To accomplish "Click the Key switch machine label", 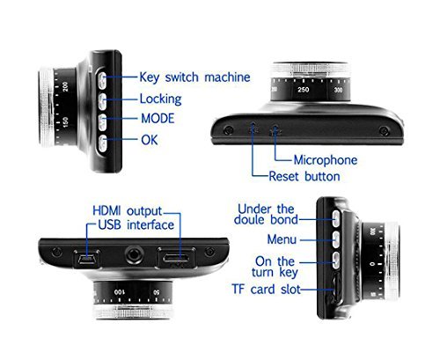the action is tap(194, 77).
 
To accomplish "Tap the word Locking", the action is tap(160, 99).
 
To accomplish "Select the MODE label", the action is tap(158, 119).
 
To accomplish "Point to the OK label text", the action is tap(150, 140).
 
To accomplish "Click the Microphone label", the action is tap(326, 160).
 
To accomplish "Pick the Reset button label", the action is tap(304, 176).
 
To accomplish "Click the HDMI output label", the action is tap(127, 211).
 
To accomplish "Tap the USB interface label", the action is tap(136, 225).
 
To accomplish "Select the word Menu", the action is tap(282, 239).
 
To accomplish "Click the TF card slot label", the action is tap(266, 290).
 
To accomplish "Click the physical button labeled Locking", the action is tap(102, 101).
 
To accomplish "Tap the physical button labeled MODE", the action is tap(102, 122).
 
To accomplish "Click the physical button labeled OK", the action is tap(102, 143).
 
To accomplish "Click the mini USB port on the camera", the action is tap(86, 258).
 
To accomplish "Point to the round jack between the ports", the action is tap(135, 254).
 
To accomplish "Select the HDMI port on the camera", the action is tap(177, 258).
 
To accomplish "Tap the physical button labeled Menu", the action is tap(336, 239).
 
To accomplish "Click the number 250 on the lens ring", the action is tap(304, 90).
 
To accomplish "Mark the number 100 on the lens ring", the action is tap(120, 292).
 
